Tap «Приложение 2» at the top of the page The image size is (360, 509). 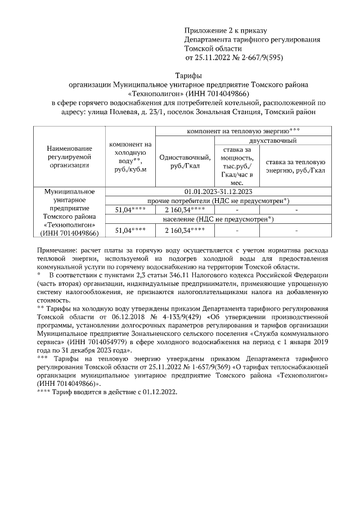coord(209,30)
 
